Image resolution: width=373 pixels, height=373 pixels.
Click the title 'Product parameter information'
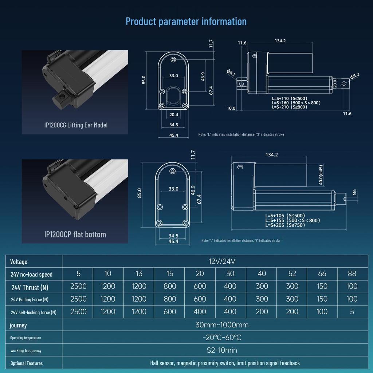[x=186, y=21]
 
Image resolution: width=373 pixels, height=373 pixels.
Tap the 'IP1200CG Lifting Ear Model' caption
[x=76, y=125]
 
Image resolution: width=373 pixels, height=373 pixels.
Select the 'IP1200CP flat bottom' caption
[x=75, y=234]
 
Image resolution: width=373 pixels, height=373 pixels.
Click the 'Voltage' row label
[x=19, y=262]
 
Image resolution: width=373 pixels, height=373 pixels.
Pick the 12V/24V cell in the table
[x=217, y=262]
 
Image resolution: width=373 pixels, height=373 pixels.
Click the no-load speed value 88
[x=352, y=274]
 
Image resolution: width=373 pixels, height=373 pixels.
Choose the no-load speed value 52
[x=292, y=274]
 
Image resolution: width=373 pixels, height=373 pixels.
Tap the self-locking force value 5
[x=352, y=312]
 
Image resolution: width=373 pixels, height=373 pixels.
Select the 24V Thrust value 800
[x=170, y=286]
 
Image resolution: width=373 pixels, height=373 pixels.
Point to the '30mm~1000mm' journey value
[x=217, y=325]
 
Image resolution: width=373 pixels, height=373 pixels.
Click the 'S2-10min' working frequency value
[x=217, y=350]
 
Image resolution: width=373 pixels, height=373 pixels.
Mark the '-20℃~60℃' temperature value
[x=217, y=338]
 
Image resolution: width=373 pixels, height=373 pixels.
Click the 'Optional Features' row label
[x=27, y=363]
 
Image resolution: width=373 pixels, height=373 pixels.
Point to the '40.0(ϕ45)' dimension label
[x=321, y=175]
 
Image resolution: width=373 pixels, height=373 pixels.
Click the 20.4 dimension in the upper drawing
[x=174, y=115]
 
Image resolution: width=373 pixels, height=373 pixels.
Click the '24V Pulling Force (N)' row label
[x=30, y=299]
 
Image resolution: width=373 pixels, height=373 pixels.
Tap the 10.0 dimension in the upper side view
[x=231, y=108]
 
